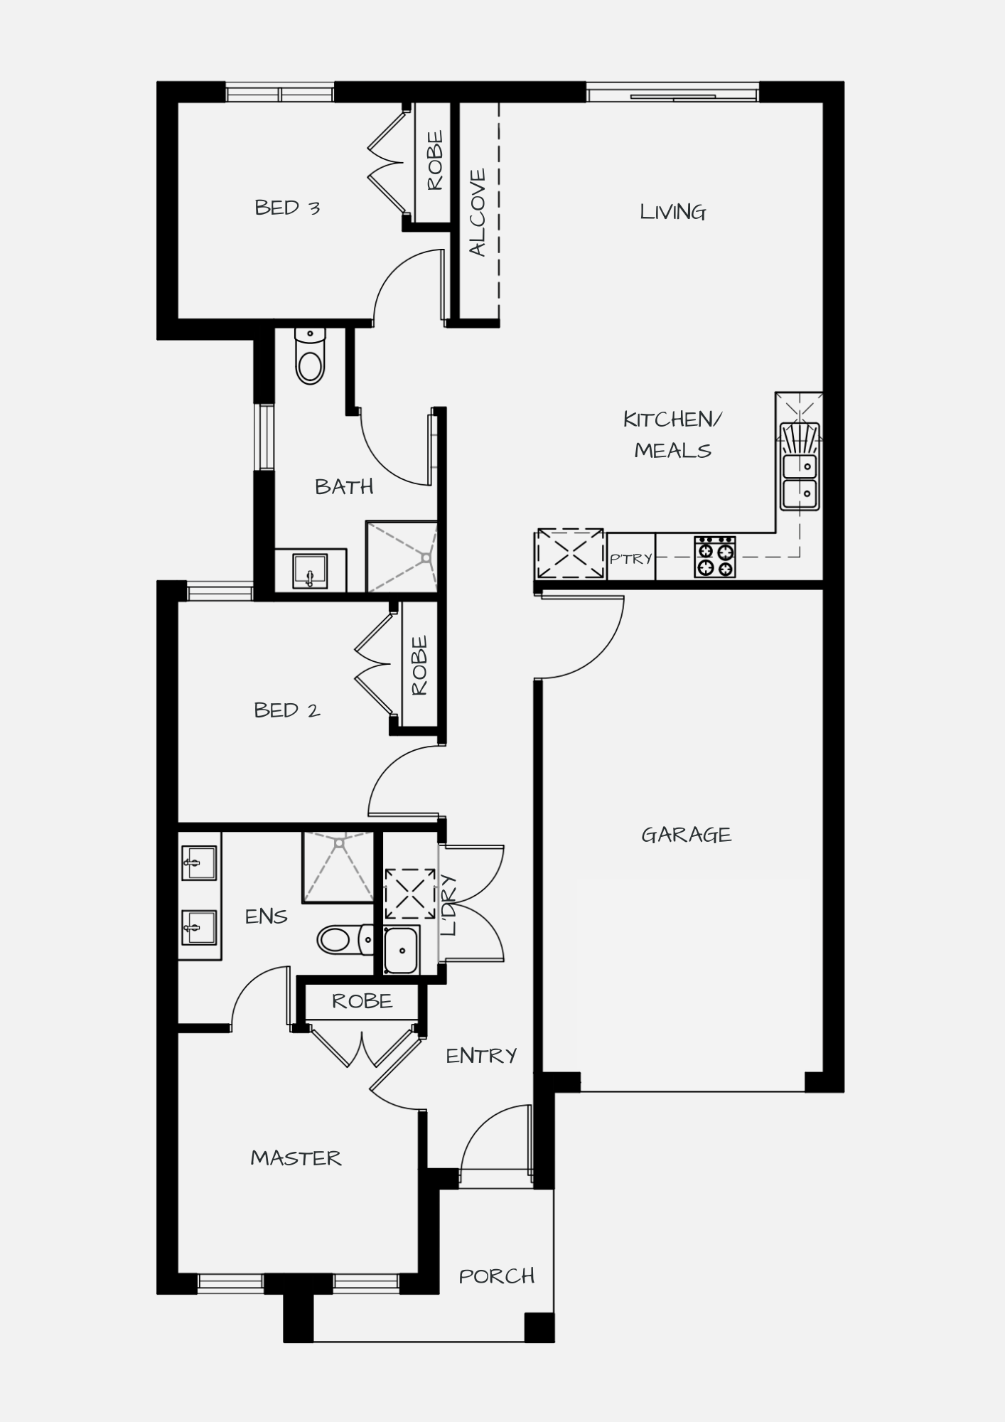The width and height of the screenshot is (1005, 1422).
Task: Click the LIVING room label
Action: click(x=672, y=212)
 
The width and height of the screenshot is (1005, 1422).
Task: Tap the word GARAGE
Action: click(x=686, y=835)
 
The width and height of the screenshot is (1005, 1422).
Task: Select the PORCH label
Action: click(x=497, y=1276)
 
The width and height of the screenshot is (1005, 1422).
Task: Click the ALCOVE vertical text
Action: click(x=478, y=213)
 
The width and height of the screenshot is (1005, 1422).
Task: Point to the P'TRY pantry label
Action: click(x=631, y=559)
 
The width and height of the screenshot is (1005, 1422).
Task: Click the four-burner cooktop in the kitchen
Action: click(x=715, y=557)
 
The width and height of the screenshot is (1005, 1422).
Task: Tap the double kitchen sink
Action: click(x=800, y=466)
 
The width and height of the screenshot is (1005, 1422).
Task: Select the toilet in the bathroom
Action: click(x=310, y=355)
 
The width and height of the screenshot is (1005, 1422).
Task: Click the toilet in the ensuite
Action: click(x=345, y=940)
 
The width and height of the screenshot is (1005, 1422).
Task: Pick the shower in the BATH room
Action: click(x=402, y=557)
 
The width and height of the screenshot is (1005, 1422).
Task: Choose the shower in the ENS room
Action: click(x=338, y=867)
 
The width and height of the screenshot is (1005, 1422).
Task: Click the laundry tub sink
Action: click(x=402, y=950)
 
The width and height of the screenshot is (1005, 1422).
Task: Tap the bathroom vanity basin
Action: click(x=310, y=570)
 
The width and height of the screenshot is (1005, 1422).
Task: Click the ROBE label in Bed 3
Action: click(x=434, y=161)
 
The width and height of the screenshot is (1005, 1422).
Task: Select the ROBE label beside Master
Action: click(x=362, y=1002)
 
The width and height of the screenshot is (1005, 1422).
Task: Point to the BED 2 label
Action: click(x=287, y=710)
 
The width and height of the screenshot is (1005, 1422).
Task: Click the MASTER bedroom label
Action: click(x=296, y=1158)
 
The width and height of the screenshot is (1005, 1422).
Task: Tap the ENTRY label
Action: click(x=481, y=1057)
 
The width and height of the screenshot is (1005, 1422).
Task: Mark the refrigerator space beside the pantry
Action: click(x=570, y=553)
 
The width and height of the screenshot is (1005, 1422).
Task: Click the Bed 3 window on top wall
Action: click(x=280, y=93)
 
